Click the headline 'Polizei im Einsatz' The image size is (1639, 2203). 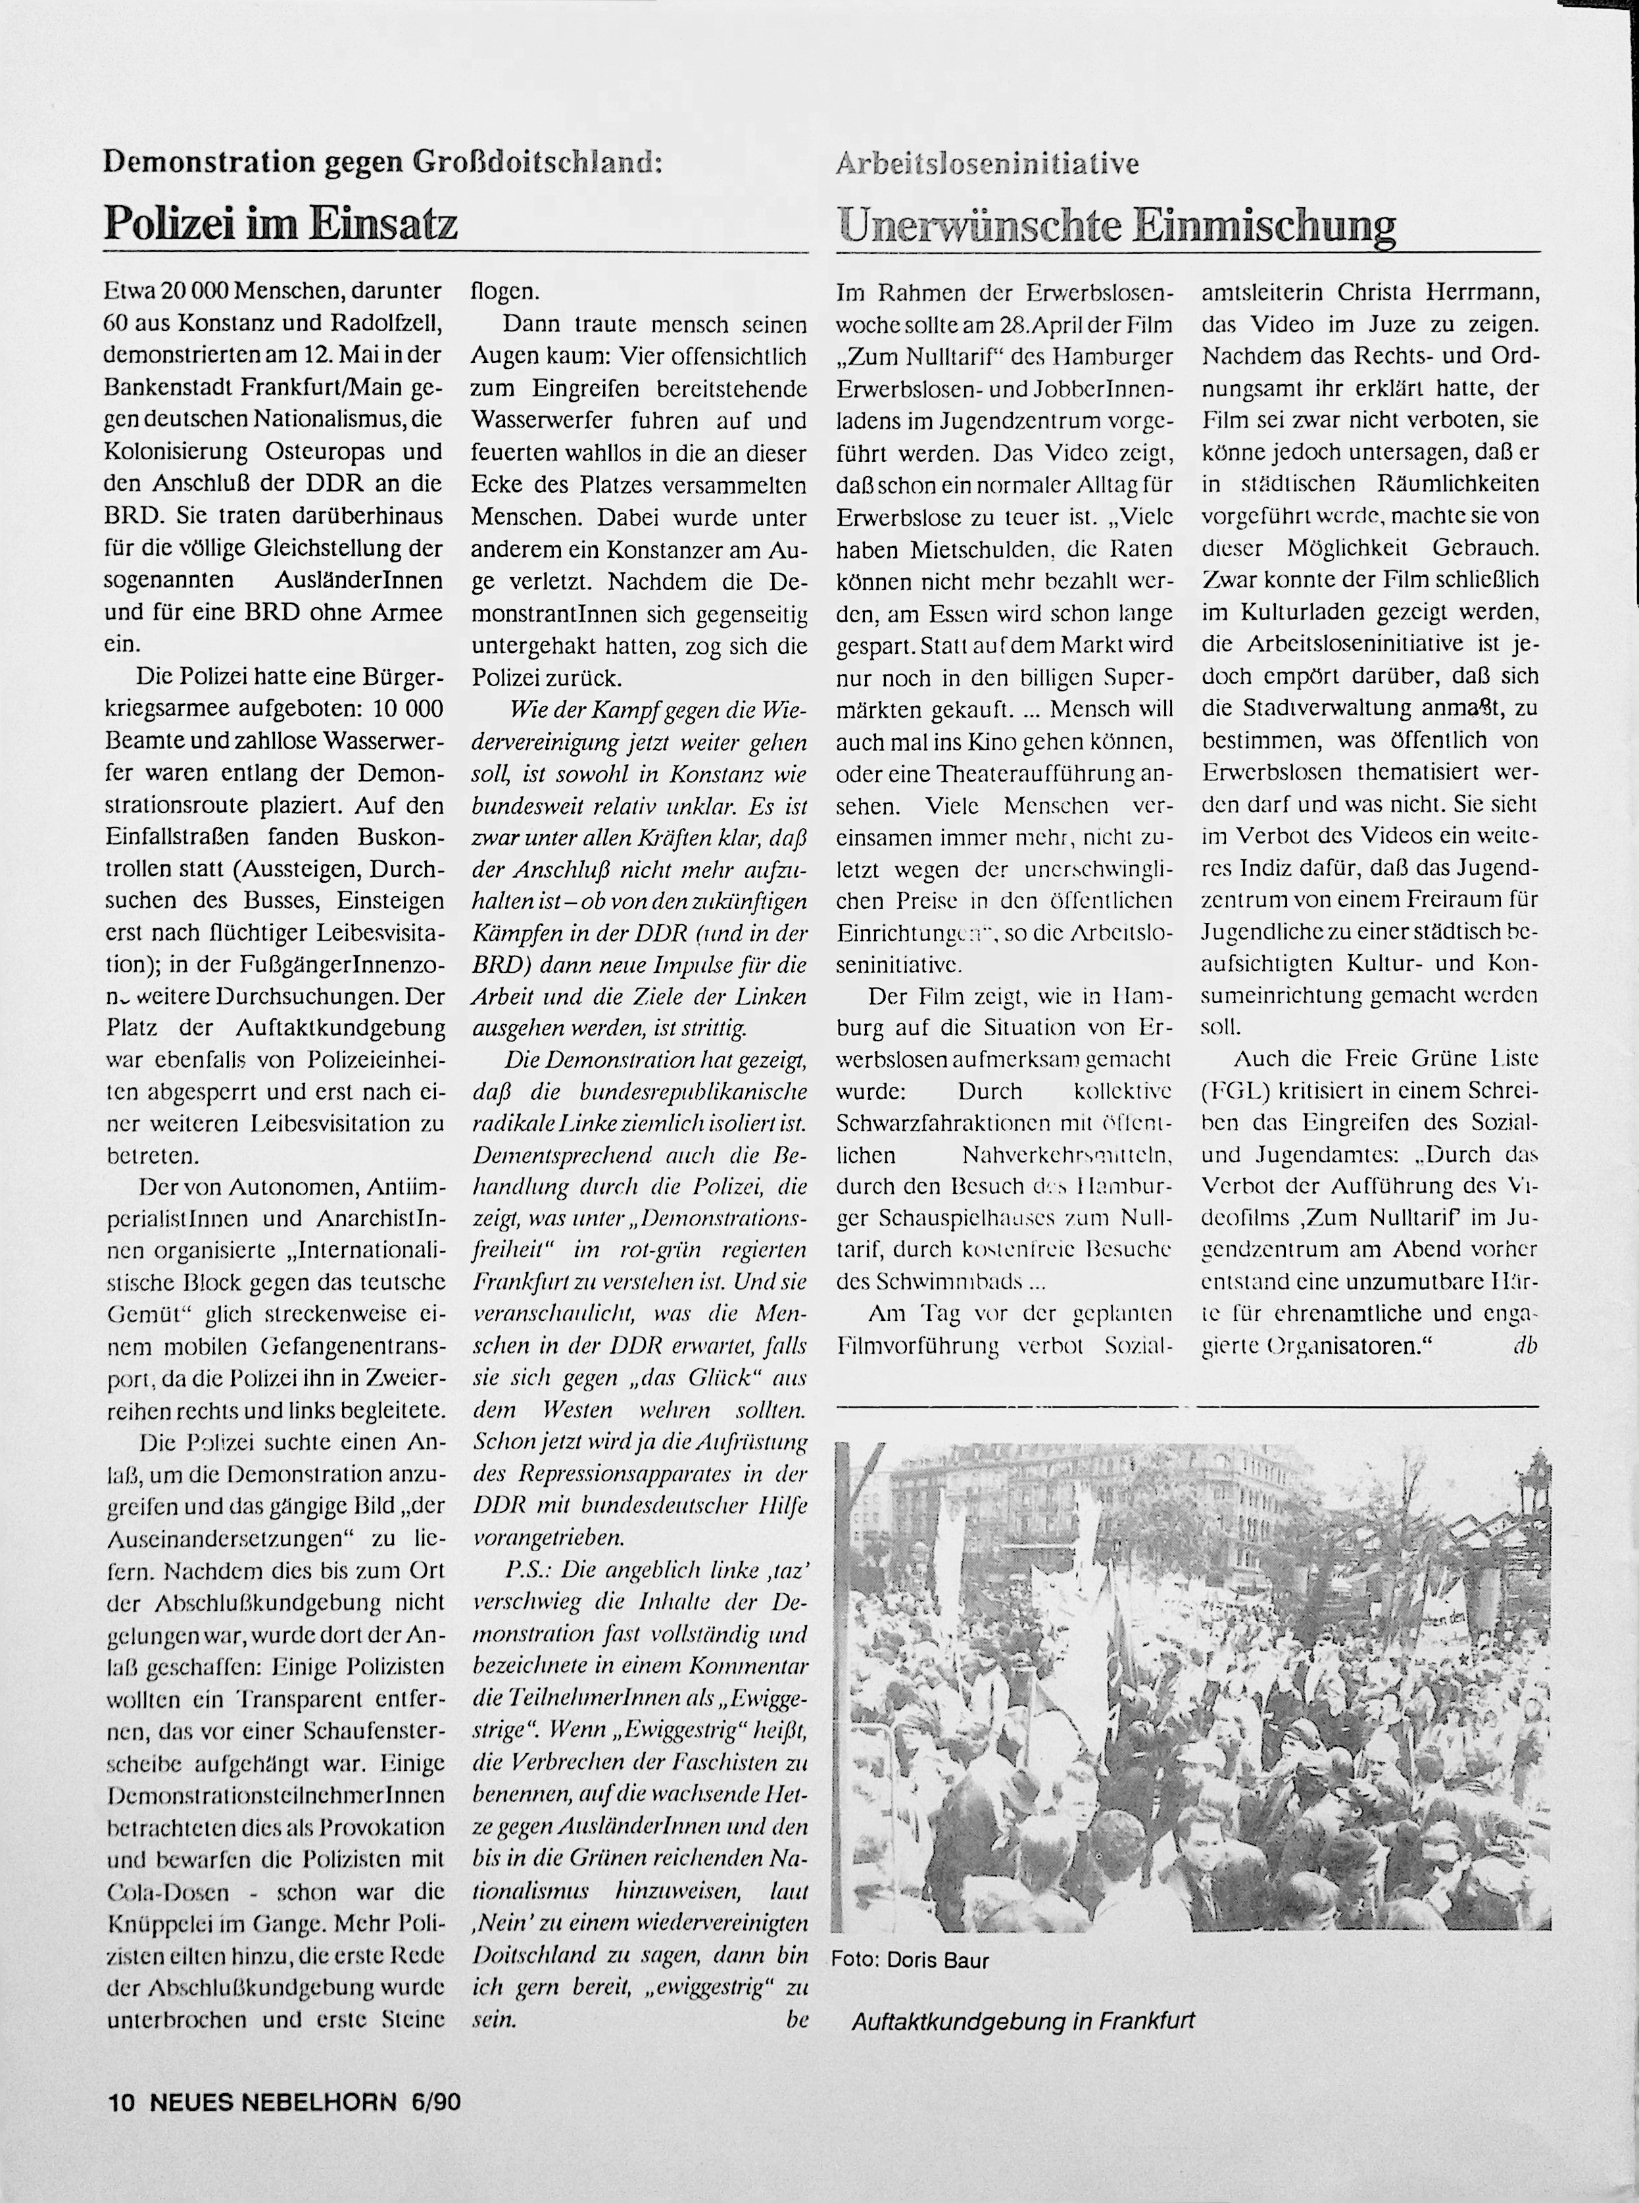[x=281, y=222]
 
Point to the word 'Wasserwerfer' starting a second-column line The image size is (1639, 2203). [x=536, y=421]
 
